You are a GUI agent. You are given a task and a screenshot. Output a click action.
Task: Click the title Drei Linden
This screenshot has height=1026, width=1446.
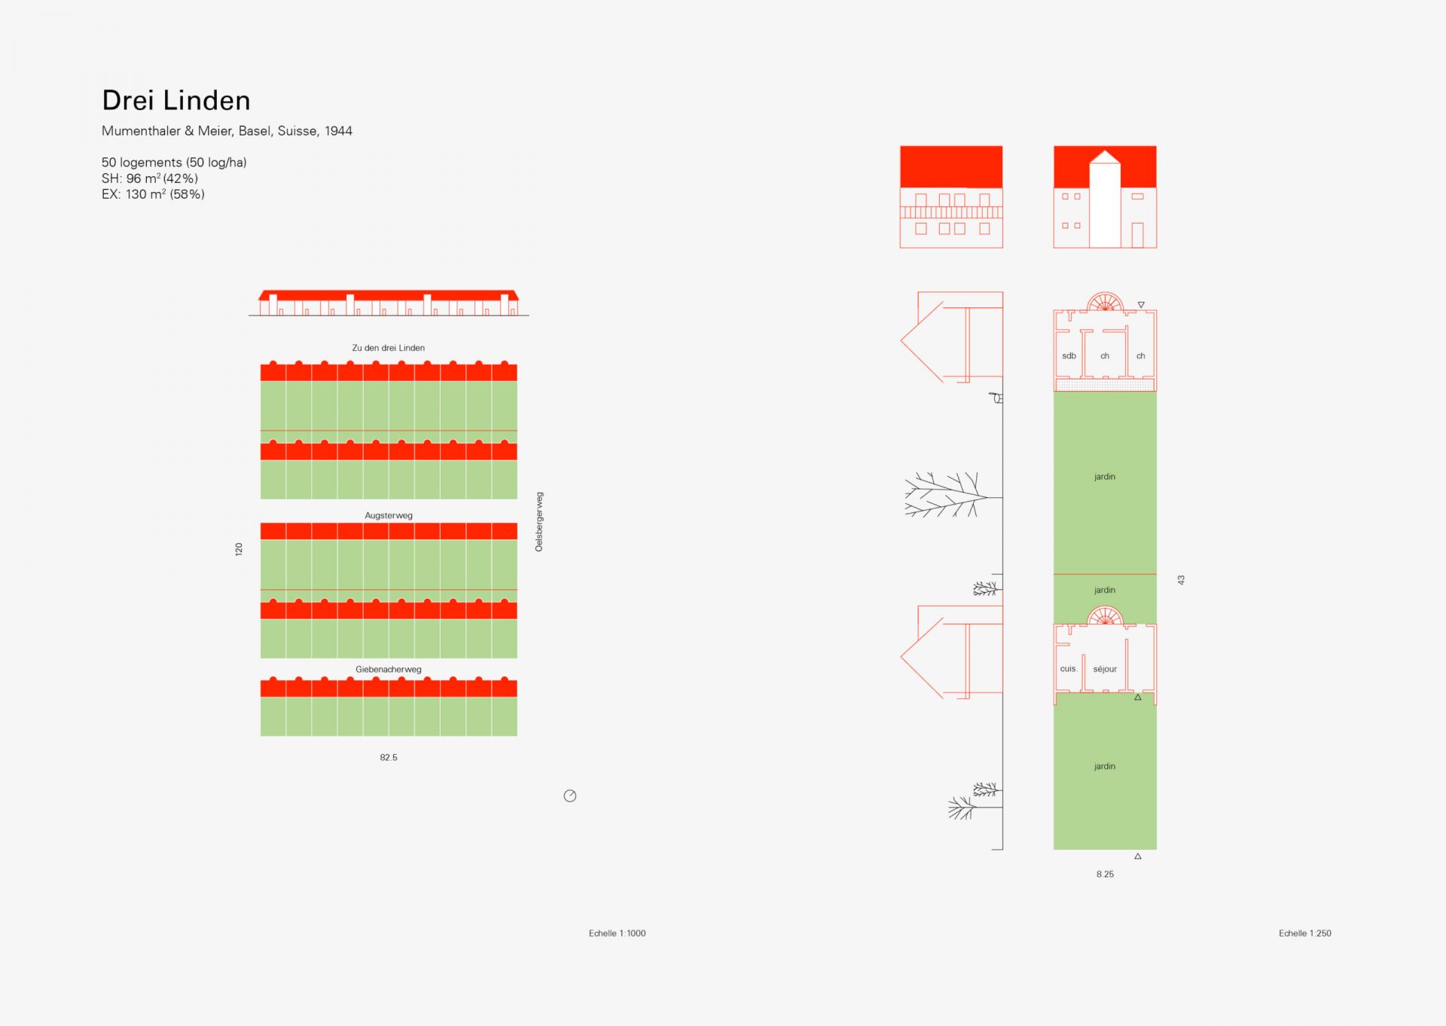[176, 100]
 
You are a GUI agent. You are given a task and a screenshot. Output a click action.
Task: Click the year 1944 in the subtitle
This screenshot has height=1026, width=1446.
[338, 131]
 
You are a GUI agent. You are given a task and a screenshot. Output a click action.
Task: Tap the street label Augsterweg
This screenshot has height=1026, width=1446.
[389, 515]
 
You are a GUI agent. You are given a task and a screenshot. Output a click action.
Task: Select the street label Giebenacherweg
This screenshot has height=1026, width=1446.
[389, 669]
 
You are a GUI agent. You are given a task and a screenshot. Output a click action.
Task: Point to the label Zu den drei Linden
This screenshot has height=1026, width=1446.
[389, 348]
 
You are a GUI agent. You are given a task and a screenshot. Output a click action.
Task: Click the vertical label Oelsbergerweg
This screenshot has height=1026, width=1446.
[539, 522]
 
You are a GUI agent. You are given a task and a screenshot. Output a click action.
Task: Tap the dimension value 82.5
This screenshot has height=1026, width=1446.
[389, 757]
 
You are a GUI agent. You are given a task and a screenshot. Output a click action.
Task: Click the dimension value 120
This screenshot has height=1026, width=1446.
[239, 549]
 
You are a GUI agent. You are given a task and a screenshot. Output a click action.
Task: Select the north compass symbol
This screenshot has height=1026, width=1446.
[570, 795]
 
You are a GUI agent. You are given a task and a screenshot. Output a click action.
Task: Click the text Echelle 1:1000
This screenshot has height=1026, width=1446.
[618, 933]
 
